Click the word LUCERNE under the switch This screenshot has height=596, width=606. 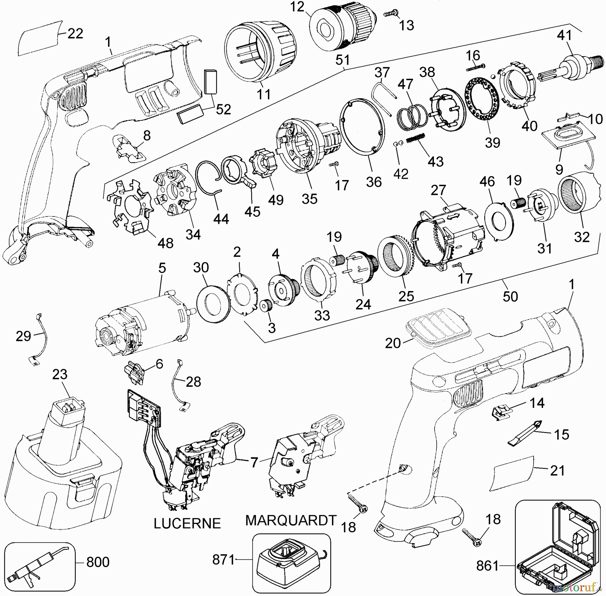point(187,523)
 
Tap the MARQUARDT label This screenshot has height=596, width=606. point(291,520)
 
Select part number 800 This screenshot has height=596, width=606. point(98,562)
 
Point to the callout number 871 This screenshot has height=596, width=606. point(223,560)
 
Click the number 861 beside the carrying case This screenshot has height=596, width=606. point(487,566)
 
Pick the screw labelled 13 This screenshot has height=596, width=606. point(391,14)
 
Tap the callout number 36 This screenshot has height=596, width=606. point(374,182)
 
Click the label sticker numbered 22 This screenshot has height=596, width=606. point(39,38)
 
